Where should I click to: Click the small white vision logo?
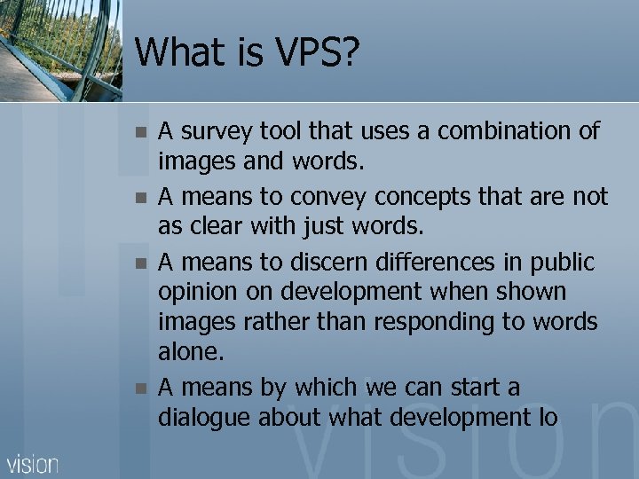coord(33,463)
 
